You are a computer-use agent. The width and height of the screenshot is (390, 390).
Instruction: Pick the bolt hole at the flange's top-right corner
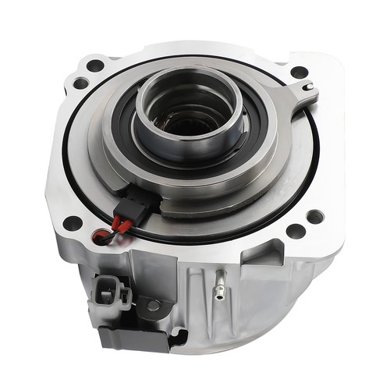point(299,72)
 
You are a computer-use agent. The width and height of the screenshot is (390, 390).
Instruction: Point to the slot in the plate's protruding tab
point(310,86)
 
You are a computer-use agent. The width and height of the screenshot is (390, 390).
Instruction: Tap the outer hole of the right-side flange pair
point(315,216)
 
